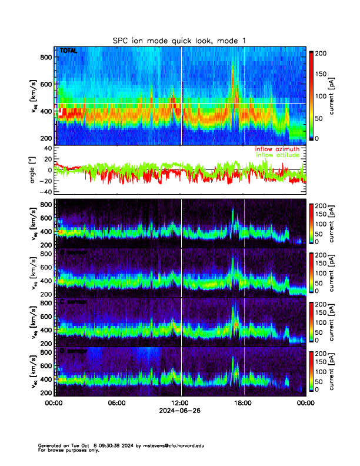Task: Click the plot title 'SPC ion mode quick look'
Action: (x=179, y=41)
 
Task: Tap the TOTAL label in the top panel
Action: (x=68, y=51)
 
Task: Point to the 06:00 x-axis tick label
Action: (x=116, y=403)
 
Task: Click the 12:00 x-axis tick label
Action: (x=180, y=403)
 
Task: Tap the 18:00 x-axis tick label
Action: (x=244, y=403)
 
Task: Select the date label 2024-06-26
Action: (x=180, y=411)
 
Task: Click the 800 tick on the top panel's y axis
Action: (x=45, y=57)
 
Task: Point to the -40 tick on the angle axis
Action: (x=44, y=192)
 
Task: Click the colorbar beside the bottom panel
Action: (x=312, y=371)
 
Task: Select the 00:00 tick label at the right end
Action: (x=305, y=403)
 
